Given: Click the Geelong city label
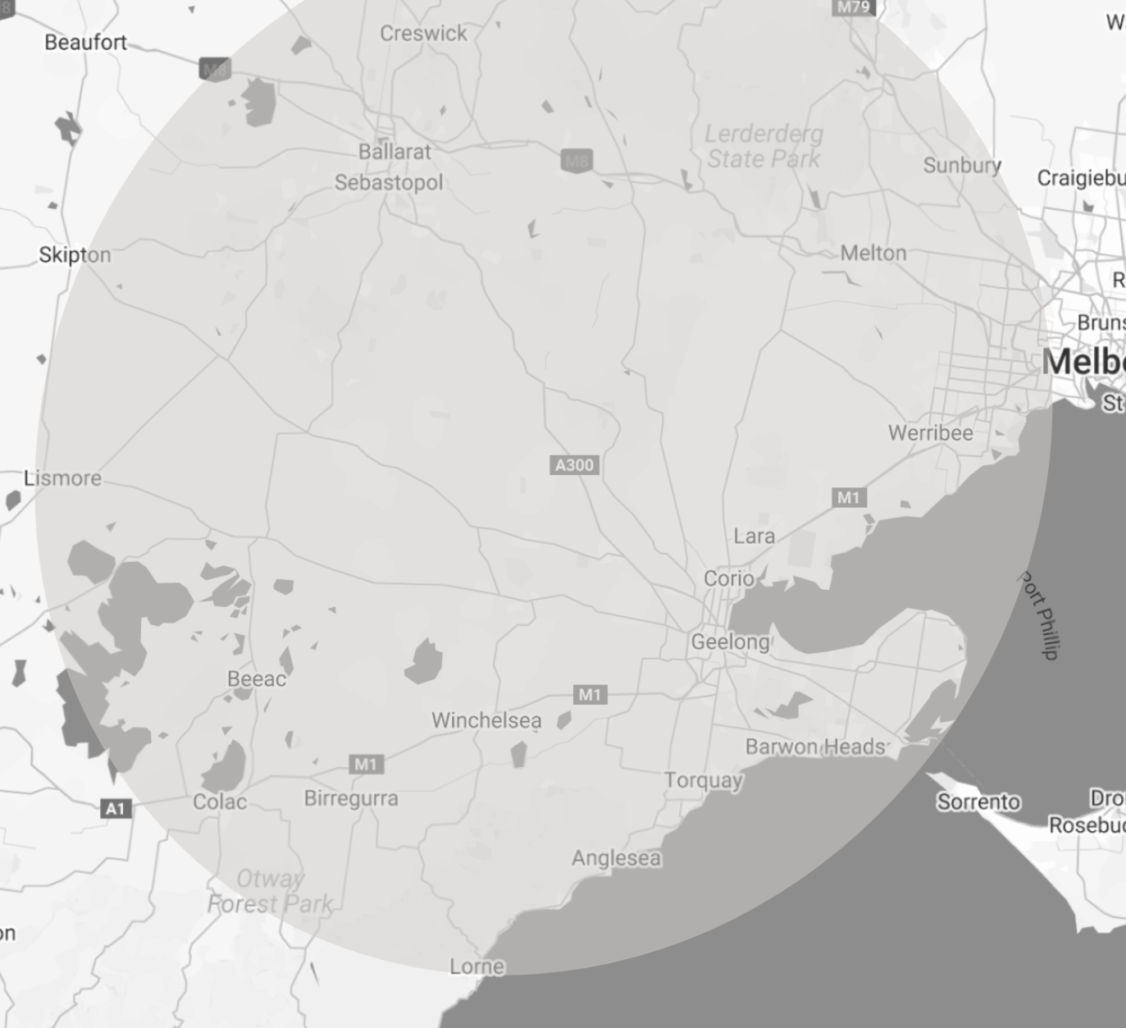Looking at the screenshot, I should [730, 642].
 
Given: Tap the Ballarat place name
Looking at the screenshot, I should [394, 152].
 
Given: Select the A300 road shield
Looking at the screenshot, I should [574, 465].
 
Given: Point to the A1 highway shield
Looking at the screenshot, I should [116, 809].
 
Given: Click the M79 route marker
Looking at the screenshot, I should [853, 7].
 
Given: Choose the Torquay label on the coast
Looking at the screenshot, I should [704, 780].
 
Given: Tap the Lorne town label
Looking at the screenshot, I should [476, 966].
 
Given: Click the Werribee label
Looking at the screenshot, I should [931, 432].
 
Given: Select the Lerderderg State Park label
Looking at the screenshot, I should [764, 146].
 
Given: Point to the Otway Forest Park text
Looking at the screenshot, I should [270, 892].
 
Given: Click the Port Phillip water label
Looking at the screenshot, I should [1039, 615].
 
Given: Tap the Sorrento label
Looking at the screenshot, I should [978, 802].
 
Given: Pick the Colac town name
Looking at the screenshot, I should [220, 802].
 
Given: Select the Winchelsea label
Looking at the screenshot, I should [486, 720].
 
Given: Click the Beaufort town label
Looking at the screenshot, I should [85, 42].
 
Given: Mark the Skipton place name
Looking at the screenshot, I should [75, 255].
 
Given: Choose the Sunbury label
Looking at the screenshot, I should [962, 165].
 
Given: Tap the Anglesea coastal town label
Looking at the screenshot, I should [616, 858].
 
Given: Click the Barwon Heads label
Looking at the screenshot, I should [816, 747].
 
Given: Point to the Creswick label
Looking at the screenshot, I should [423, 34].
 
